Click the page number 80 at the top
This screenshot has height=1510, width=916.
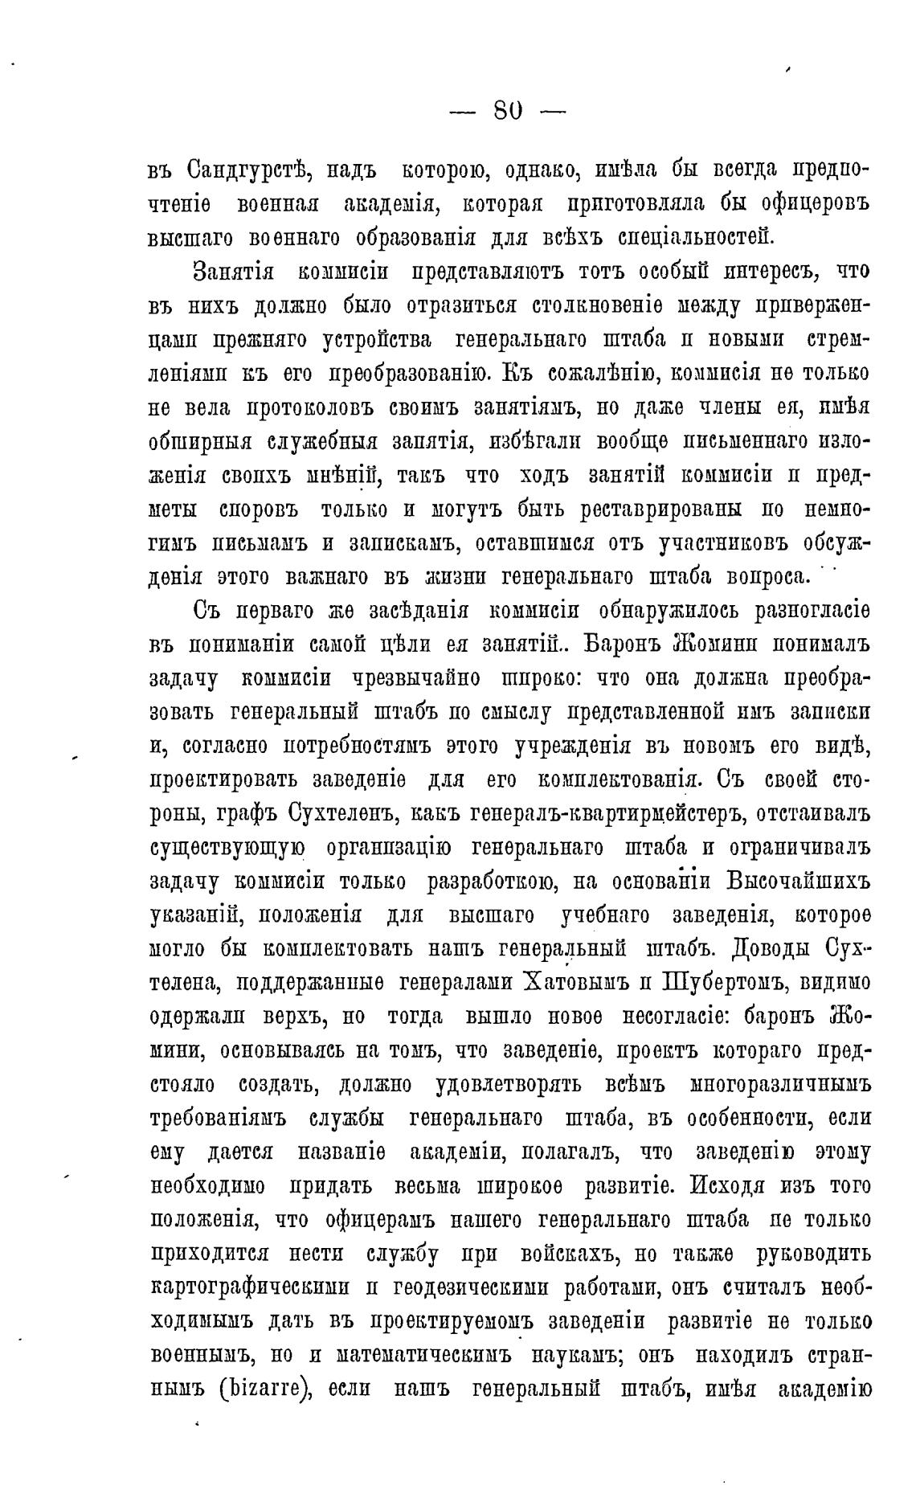coord(507,108)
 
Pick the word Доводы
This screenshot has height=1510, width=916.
coord(772,949)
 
